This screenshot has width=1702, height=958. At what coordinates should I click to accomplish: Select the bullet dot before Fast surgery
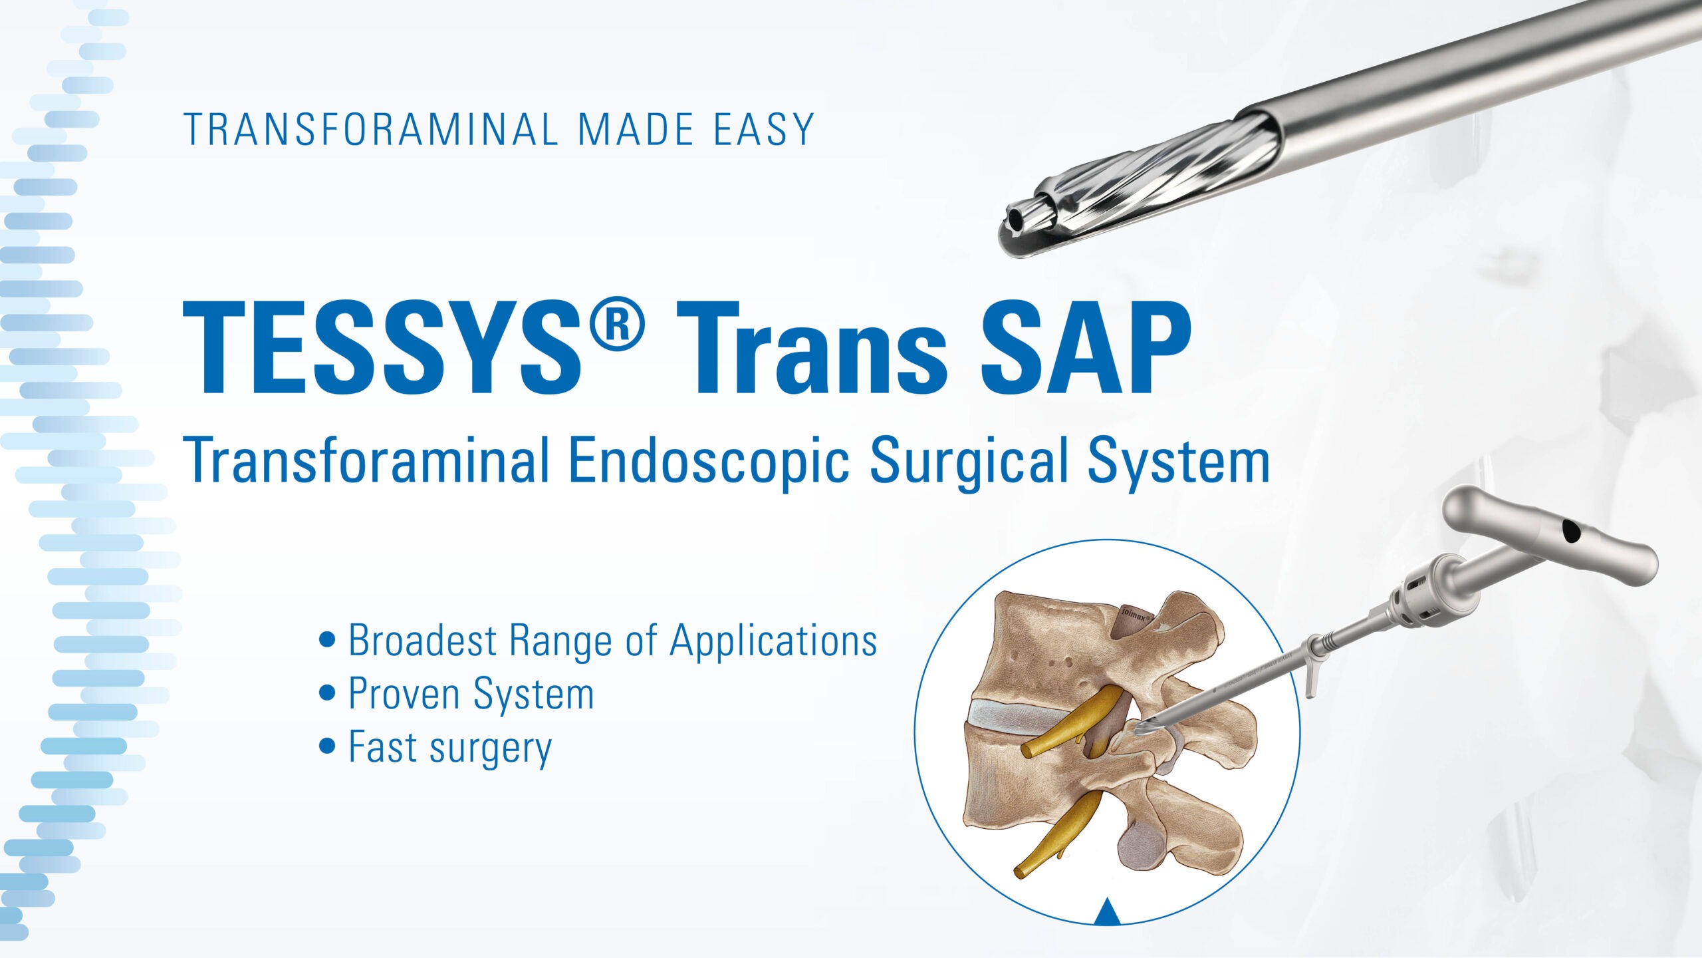click(327, 746)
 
